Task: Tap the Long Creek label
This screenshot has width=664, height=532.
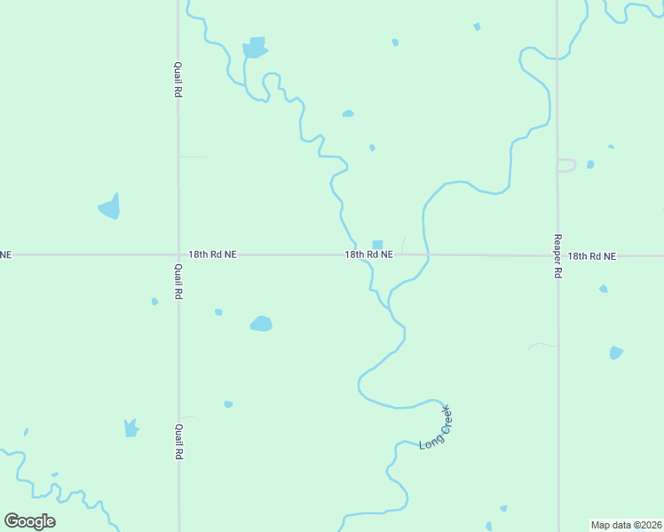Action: tap(435, 426)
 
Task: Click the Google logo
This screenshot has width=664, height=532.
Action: tap(30, 520)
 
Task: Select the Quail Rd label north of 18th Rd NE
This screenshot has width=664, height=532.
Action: tap(178, 79)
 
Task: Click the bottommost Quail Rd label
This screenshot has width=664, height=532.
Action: tap(178, 442)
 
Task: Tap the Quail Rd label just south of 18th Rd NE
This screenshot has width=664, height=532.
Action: tap(178, 281)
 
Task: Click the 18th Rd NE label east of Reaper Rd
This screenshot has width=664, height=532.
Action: tap(591, 255)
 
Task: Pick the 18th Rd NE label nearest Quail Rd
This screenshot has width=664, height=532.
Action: tap(213, 254)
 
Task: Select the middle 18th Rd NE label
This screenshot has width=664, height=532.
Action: tap(368, 254)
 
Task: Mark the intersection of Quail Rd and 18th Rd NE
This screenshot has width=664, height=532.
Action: tap(178, 254)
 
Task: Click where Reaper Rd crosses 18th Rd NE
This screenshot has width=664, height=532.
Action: tap(558, 255)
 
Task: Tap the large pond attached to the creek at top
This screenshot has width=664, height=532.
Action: tap(255, 48)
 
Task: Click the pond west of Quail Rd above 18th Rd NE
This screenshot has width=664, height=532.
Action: tap(109, 207)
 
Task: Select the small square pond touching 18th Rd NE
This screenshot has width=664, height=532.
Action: tap(377, 245)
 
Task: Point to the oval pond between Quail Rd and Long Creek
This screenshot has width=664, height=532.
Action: tap(261, 324)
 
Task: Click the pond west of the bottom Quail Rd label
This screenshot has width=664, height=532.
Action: tap(131, 428)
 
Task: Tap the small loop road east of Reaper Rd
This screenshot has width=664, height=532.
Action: tap(566, 165)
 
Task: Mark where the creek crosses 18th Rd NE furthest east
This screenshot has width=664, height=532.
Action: tap(428, 255)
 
